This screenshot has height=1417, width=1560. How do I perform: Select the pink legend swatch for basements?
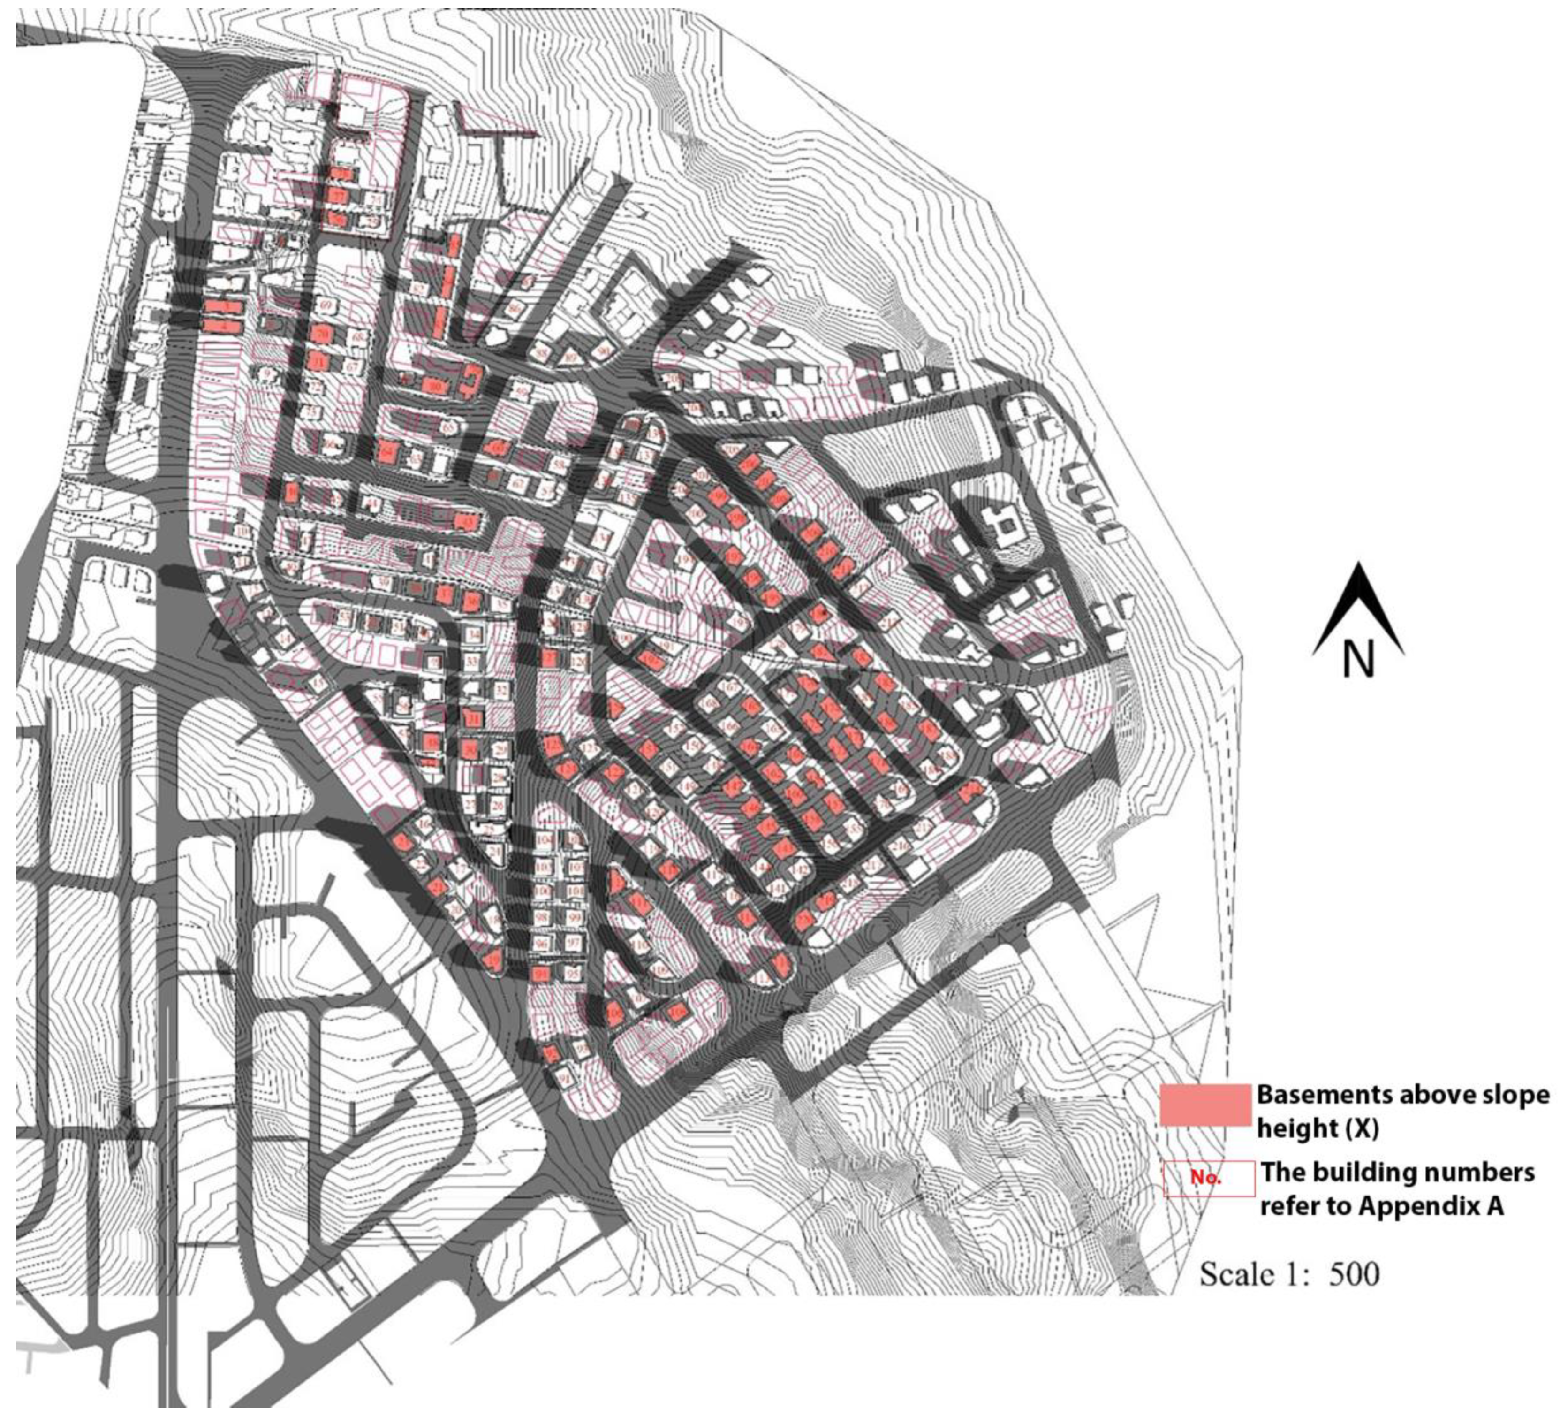[x=1205, y=1105]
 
